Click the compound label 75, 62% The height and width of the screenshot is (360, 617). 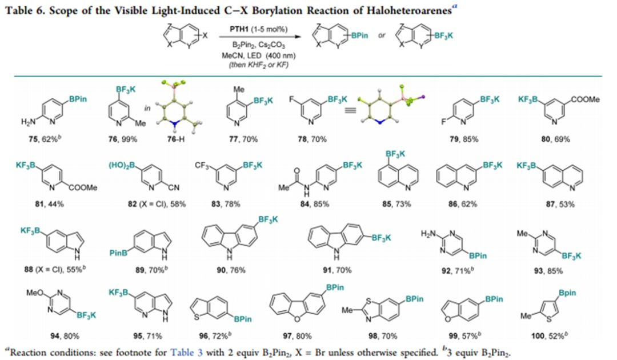pos(43,139)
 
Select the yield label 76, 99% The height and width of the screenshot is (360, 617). pos(123,139)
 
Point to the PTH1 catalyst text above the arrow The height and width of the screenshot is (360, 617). pos(259,30)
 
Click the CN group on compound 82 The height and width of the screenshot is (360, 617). pos(174,187)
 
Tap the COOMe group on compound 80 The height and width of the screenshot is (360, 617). pos(585,99)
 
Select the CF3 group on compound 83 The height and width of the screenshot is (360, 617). pos(202,165)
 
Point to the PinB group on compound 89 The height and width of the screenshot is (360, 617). pos(118,253)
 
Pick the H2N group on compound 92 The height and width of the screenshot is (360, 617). pos(428,234)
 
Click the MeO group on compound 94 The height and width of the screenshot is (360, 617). pos(35,293)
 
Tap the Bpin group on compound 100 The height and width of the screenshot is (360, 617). pos(567,293)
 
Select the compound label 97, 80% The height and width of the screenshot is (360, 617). pos(297,337)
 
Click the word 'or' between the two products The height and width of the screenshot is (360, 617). pos(382,35)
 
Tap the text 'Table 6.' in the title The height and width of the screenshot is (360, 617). pos(25,10)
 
